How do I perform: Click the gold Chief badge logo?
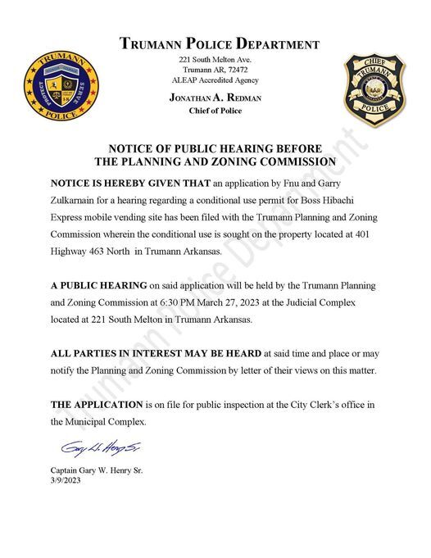click(x=373, y=89)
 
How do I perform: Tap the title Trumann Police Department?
click(x=219, y=44)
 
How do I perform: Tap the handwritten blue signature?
click(x=89, y=450)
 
